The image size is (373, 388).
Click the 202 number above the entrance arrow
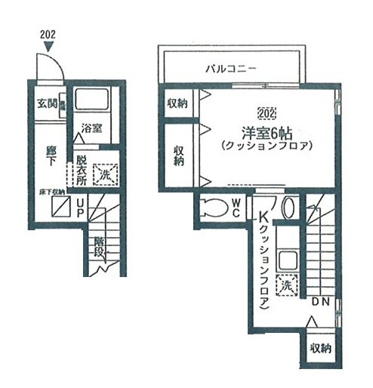pyautogui.click(x=47, y=35)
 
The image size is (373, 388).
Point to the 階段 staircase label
pyautogui.click(x=99, y=247)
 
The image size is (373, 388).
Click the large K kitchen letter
pyautogui.click(x=264, y=220)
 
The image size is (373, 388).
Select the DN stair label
pyautogui.click(x=319, y=301)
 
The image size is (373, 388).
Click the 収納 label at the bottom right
pyautogui.click(x=319, y=348)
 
